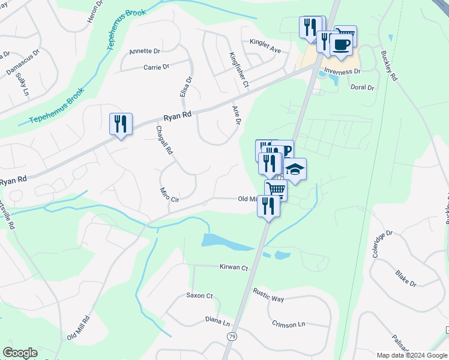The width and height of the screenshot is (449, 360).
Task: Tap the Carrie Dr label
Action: click(x=156, y=67)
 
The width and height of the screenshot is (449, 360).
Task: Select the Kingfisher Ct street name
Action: click(x=239, y=70)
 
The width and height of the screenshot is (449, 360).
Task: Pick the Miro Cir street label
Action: click(x=170, y=194)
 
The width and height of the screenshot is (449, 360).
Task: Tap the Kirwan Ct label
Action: click(x=234, y=268)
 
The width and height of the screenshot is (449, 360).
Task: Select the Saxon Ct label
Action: click(x=199, y=296)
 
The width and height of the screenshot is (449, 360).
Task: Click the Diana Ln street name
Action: click(x=217, y=321)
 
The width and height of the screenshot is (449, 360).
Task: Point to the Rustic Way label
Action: click(x=268, y=298)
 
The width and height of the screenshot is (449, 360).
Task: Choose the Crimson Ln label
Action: click(x=288, y=325)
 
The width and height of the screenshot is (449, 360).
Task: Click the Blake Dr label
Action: click(x=406, y=278)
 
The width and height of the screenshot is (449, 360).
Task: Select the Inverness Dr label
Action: click(x=342, y=71)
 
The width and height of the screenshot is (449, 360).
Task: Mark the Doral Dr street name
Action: click(x=362, y=88)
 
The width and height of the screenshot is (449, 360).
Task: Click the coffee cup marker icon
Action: click(x=342, y=45)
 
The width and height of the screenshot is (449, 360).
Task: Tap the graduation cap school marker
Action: click(x=295, y=169)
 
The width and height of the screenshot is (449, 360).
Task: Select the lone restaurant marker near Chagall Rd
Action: click(x=121, y=124)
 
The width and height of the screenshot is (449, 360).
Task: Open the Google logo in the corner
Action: click(x=20, y=353)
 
